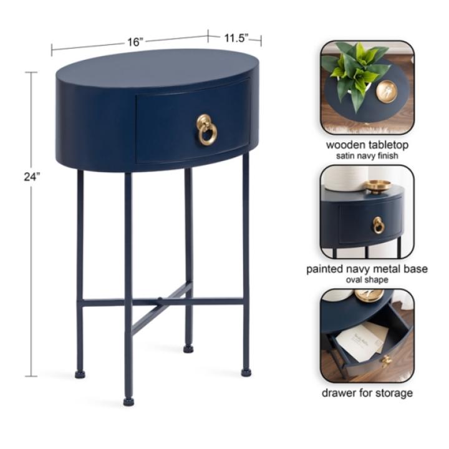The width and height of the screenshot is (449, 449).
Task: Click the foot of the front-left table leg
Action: (128, 401)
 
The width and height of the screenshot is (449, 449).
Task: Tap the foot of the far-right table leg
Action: (246, 372)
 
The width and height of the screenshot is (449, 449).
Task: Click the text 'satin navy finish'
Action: (367, 155)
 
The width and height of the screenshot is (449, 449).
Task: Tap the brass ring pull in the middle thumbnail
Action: (378, 225)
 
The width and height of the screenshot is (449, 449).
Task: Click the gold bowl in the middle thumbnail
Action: (377, 185)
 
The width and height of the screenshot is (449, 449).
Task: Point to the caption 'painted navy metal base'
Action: (367, 269)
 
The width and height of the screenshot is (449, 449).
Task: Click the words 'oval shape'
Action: (367, 279)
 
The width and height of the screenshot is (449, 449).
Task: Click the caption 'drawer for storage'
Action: (367, 393)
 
